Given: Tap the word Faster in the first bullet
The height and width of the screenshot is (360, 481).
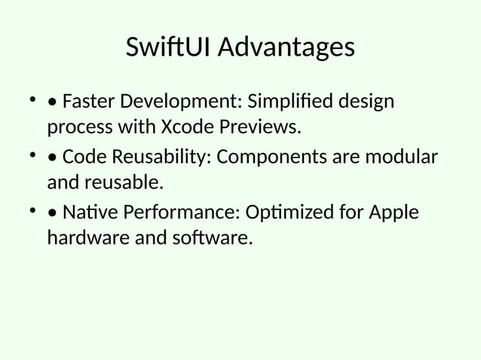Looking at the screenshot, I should (x=88, y=101).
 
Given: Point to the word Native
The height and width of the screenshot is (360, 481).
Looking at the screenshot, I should (x=86, y=212).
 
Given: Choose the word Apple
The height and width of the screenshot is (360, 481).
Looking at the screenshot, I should (x=393, y=212).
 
